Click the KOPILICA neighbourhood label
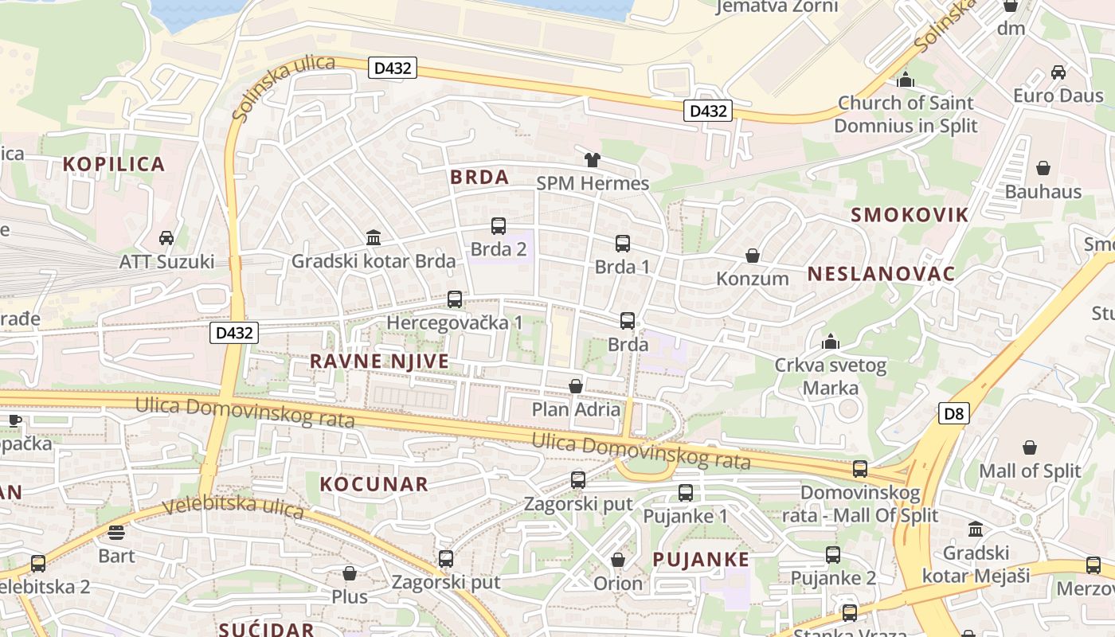click(114, 164)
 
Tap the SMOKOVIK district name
click(910, 214)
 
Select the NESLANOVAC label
click(881, 274)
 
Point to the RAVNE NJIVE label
click(379, 361)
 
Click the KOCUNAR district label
click(374, 483)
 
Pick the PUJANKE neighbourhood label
click(701, 559)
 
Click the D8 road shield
click(953, 413)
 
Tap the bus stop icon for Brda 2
click(499, 226)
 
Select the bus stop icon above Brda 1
click(623, 244)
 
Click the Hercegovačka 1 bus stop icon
click(455, 299)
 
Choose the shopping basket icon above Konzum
click(753, 256)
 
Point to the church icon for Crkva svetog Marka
click(831, 342)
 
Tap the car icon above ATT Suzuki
click(166, 238)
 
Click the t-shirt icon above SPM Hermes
click(592, 160)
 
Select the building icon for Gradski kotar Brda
click(374, 237)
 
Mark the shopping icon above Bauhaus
click(1043, 168)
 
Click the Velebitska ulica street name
click(233, 507)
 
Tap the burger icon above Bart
click(116, 532)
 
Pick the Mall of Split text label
click(1030, 471)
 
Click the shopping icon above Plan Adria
click(576, 386)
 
